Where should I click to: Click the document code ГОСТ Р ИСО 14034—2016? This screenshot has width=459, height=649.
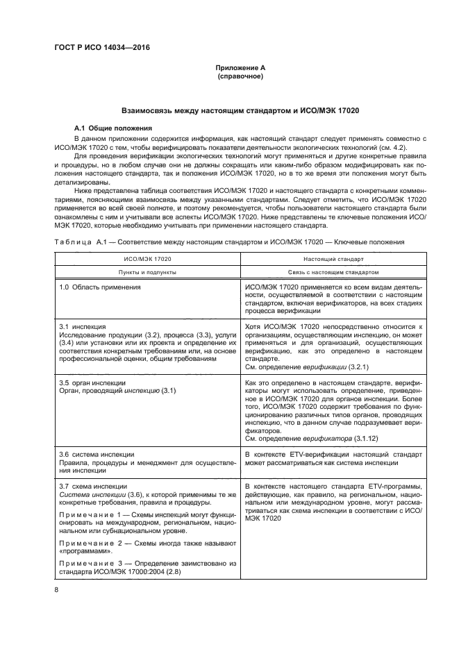point(102,47)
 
